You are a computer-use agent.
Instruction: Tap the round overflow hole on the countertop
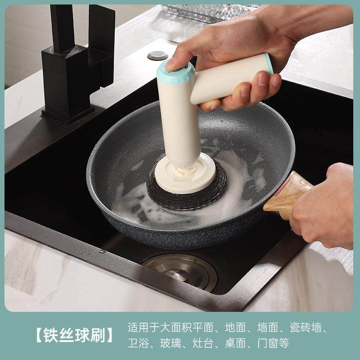[x=154, y=55]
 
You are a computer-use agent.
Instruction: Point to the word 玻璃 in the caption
[x=171, y=343]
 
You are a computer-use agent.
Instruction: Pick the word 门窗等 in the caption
[x=274, y=343]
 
